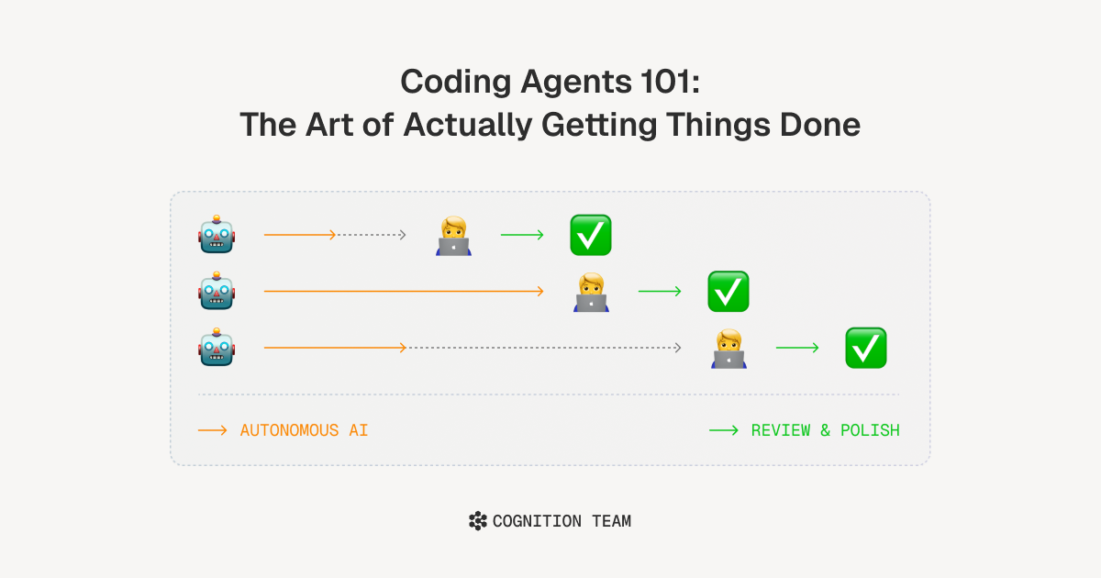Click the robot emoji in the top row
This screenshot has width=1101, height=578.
[217, 235]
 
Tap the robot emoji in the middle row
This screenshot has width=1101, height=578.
[217, 291]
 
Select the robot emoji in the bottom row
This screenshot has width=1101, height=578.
[217, 348]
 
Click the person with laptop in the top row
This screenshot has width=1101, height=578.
[453, 236]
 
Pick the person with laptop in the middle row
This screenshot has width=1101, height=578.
[591, 292]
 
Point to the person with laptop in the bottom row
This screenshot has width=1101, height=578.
[728, 349]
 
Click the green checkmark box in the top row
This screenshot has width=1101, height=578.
[591, 235]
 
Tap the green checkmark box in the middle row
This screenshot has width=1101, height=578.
[728, 292]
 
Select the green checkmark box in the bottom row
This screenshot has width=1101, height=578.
[866, 348]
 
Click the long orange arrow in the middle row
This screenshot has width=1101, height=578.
[404, 292]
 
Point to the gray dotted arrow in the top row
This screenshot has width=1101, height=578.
[372, 235]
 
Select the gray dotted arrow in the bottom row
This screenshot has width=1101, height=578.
[543, 348]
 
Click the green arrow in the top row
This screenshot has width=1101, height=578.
[522, 235]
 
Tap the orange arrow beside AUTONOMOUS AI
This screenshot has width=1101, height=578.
[212, 430]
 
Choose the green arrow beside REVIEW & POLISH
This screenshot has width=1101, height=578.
[724, 430]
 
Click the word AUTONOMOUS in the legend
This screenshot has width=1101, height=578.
[290, 430]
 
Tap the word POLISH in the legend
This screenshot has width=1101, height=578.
[870, 430]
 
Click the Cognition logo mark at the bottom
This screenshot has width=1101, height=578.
[478, 521]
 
